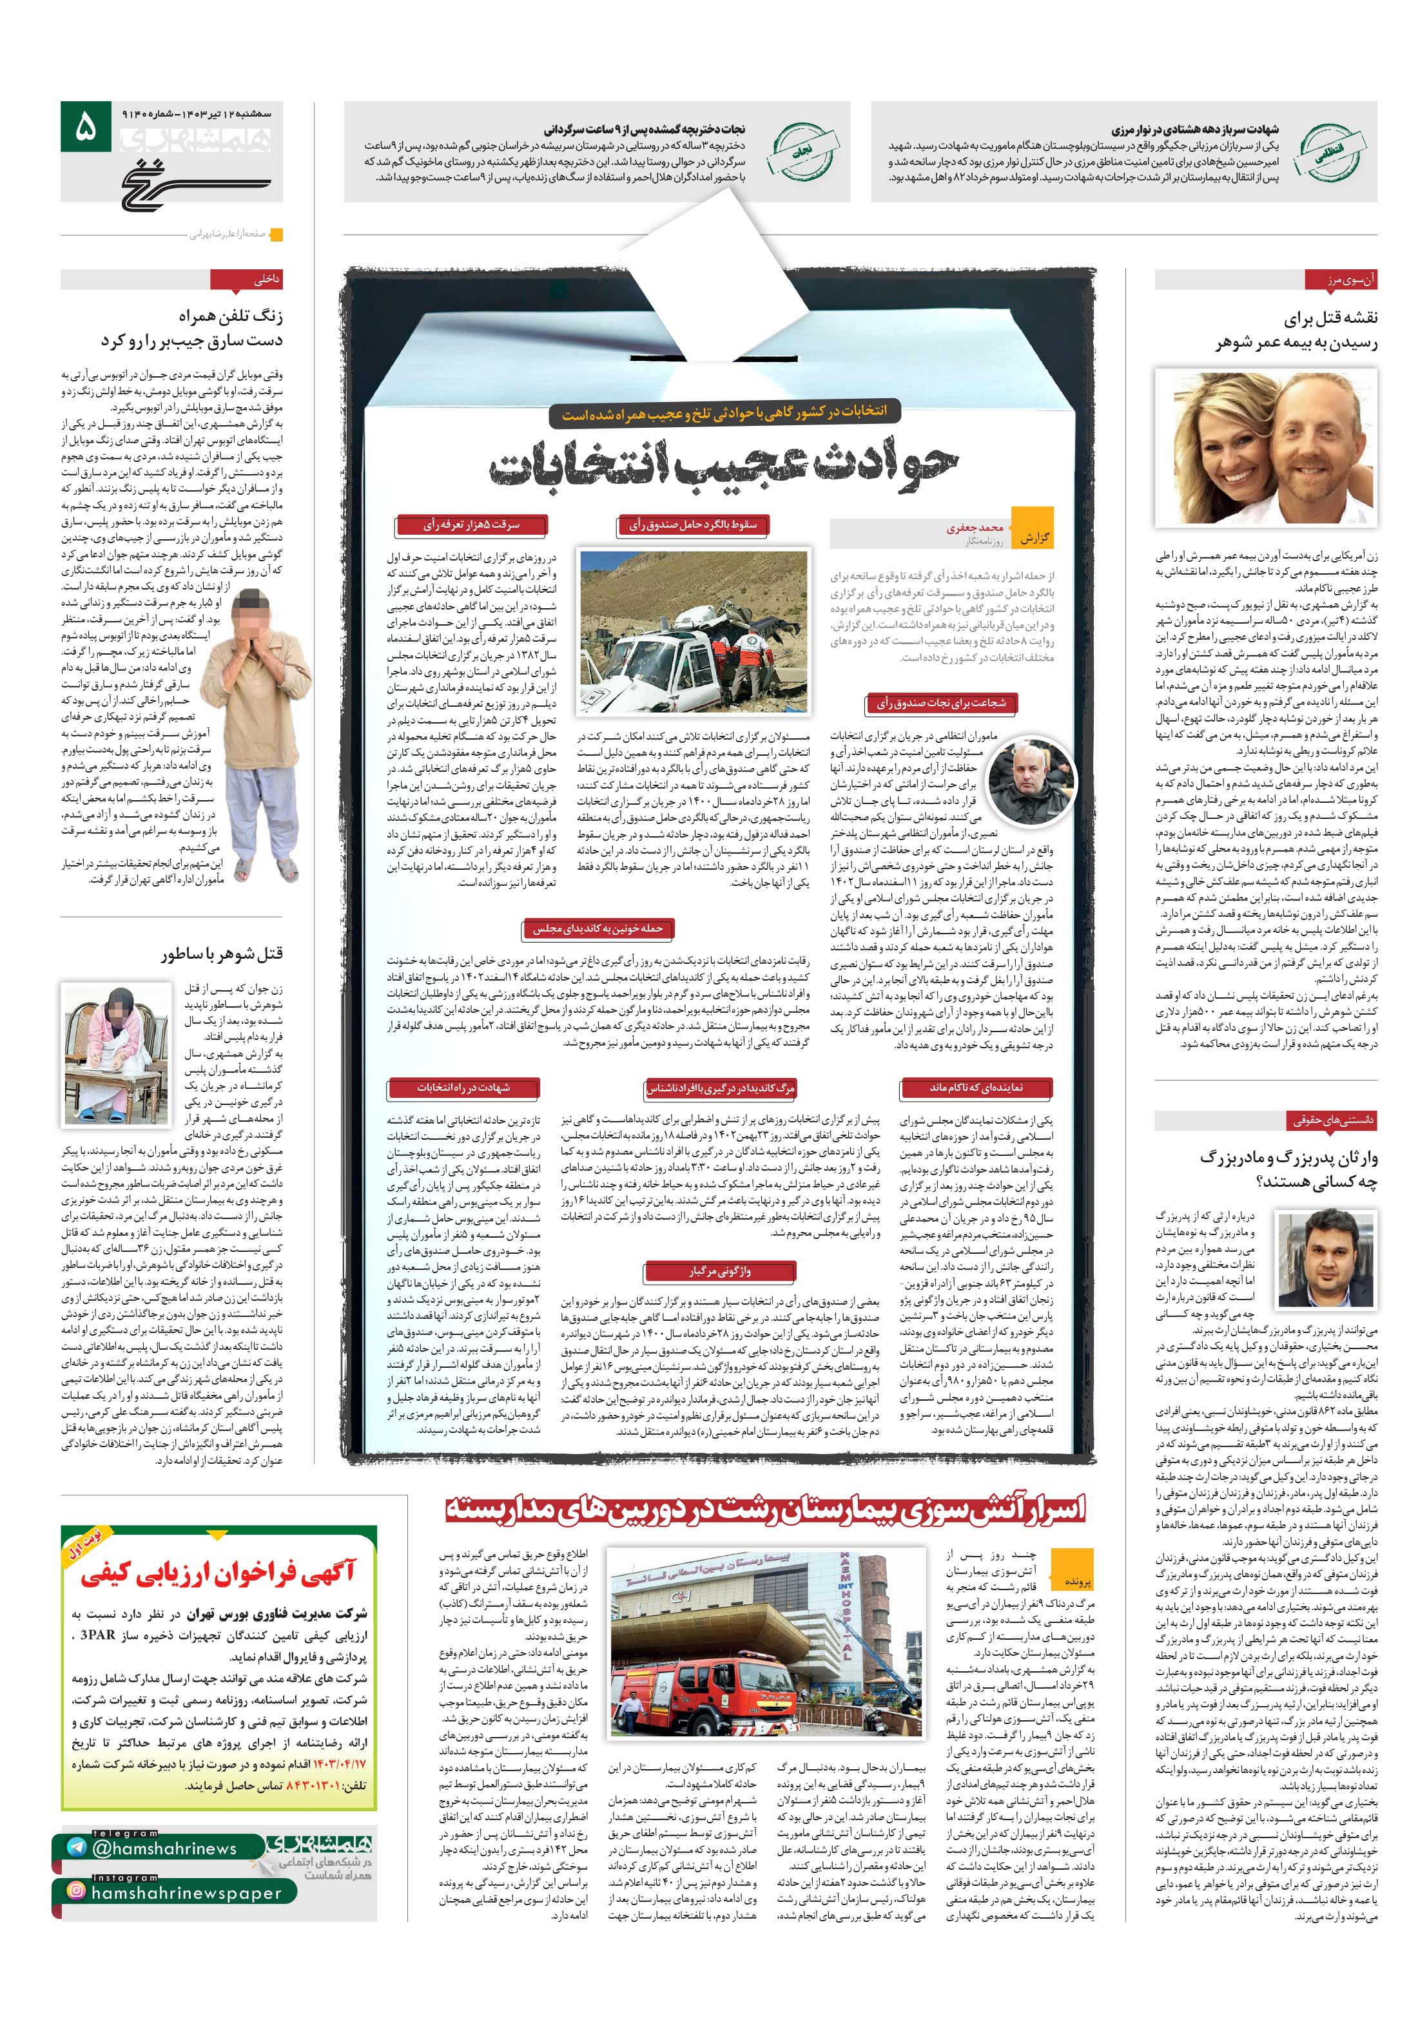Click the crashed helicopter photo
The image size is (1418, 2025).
tap(693, 631)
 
